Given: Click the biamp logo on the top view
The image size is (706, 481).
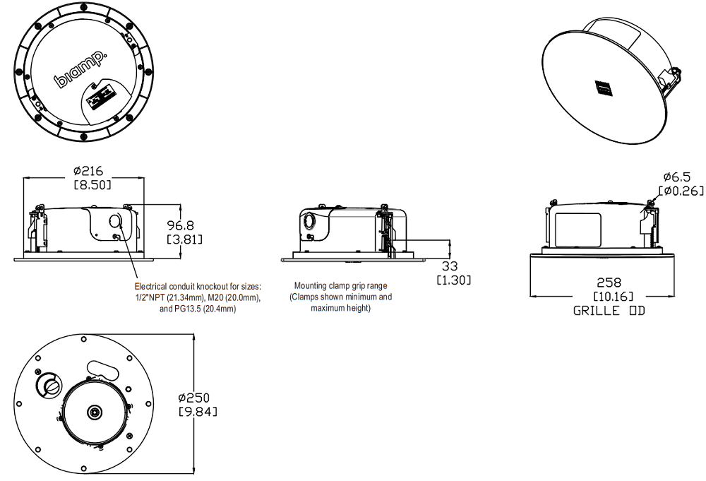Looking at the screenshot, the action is tap(80, 69).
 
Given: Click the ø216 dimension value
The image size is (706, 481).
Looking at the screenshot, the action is tap(88, 171).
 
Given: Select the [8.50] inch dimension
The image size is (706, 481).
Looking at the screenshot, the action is tap(92, 184).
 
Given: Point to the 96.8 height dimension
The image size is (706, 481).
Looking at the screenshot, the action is tap(181, 225).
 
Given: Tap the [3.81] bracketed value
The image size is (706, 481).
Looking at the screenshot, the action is tap(184, 239).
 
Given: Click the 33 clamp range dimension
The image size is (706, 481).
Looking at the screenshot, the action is tap(450, 266).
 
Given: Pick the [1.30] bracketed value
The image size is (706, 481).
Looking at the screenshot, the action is tap(454, 280).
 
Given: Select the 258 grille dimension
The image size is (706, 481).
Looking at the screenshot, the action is tap(609, 283).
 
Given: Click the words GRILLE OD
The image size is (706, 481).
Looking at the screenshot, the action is tap(609, 310).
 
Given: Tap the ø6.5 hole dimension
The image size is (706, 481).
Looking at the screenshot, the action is tap(677, 177).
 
